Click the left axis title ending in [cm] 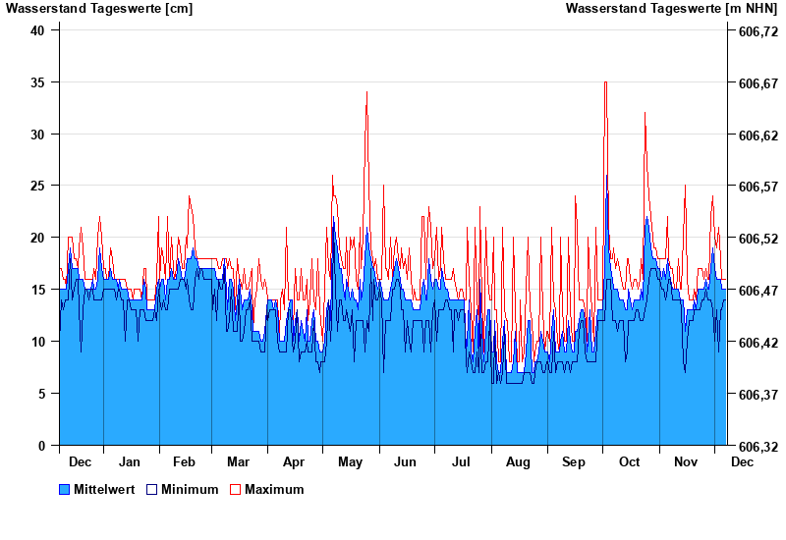99,9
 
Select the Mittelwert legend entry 104,489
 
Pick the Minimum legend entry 190,489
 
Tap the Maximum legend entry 274,489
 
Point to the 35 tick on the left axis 38,82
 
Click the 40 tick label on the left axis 38,30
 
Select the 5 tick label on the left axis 42,394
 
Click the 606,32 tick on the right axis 758,446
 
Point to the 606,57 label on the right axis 758,187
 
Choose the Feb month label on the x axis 184,461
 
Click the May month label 350,461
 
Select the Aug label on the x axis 518,461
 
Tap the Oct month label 629,461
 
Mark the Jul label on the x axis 462,461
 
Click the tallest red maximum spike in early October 605,82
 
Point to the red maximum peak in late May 366,93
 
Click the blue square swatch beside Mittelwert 65,489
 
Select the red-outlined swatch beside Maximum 236,489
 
